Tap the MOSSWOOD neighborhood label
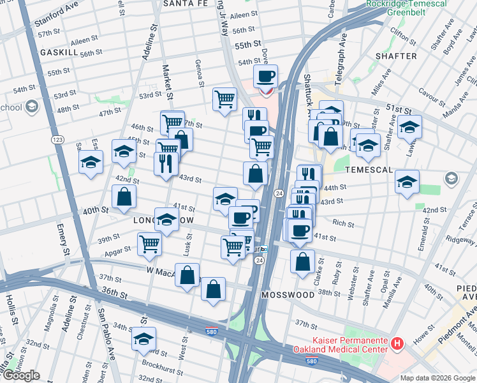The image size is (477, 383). coord(288,295)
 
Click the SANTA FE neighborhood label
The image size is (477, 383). coord(187,3)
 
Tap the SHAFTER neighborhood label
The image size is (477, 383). coord(396,56)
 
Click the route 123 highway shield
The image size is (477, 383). coord(58,139)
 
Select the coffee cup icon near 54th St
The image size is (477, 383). coord(265,77)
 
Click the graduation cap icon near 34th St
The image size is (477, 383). coord(144,338)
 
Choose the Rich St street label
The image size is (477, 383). coord(343,223)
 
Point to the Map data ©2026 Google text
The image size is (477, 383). coord(437,378)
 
